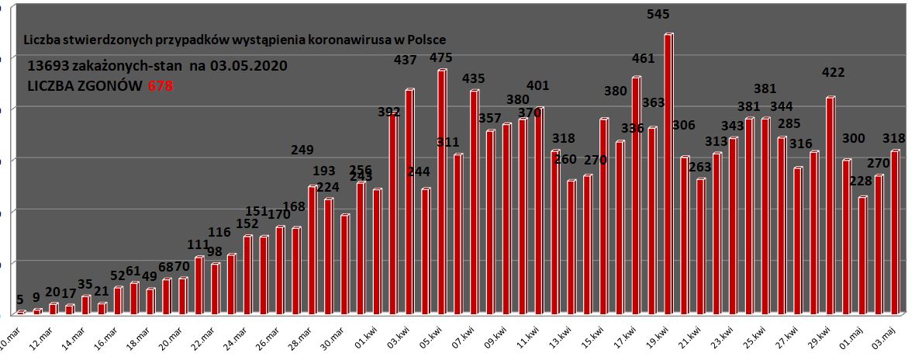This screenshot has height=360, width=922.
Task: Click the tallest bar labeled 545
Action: pos(668,175)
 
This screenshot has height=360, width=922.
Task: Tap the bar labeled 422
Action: pos(830,206)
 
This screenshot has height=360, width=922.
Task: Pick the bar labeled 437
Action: pos(409,202)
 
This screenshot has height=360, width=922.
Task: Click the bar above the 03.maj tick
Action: pos(895,233)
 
